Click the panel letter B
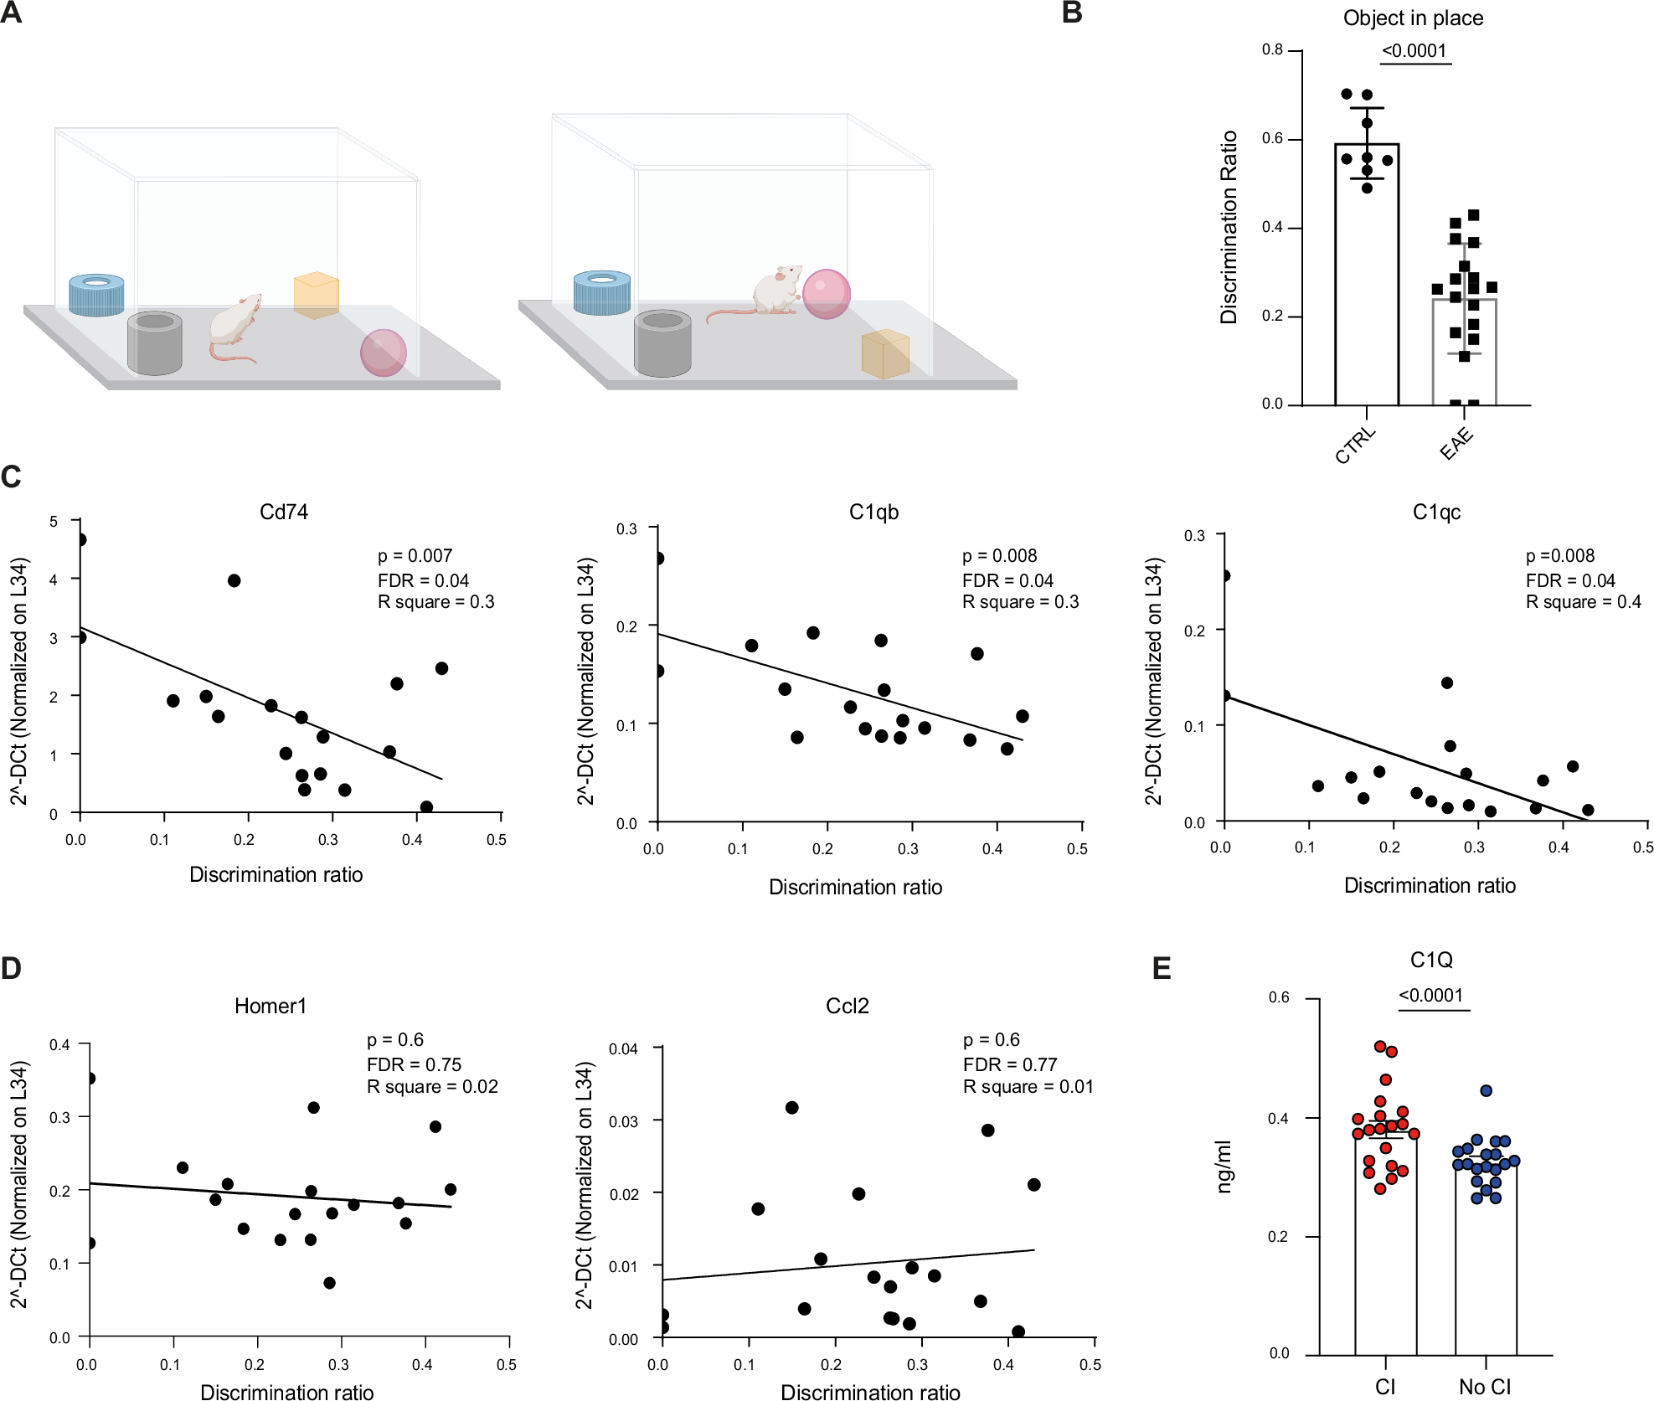pos(1072,13)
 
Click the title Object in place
pos(1413,18)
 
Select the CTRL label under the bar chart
pos(1354,446)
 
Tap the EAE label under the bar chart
pos(1456,444)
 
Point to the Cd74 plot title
pos(284,512)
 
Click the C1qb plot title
pos(873,512)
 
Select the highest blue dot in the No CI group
pos(1486,1090)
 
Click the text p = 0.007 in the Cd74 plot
pos(415,556)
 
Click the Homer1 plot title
pos(271,1006)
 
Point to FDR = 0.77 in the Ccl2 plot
pos(1009,1064)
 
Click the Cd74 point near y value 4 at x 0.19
pos(234,580)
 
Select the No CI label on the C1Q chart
pos(1485,1387)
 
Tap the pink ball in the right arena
pos(826,294)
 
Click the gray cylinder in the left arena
pos(155,343)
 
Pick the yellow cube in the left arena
pos(316,295)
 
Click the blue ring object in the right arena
pos(601,292)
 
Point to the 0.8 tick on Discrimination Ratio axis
pos(1272,50)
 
